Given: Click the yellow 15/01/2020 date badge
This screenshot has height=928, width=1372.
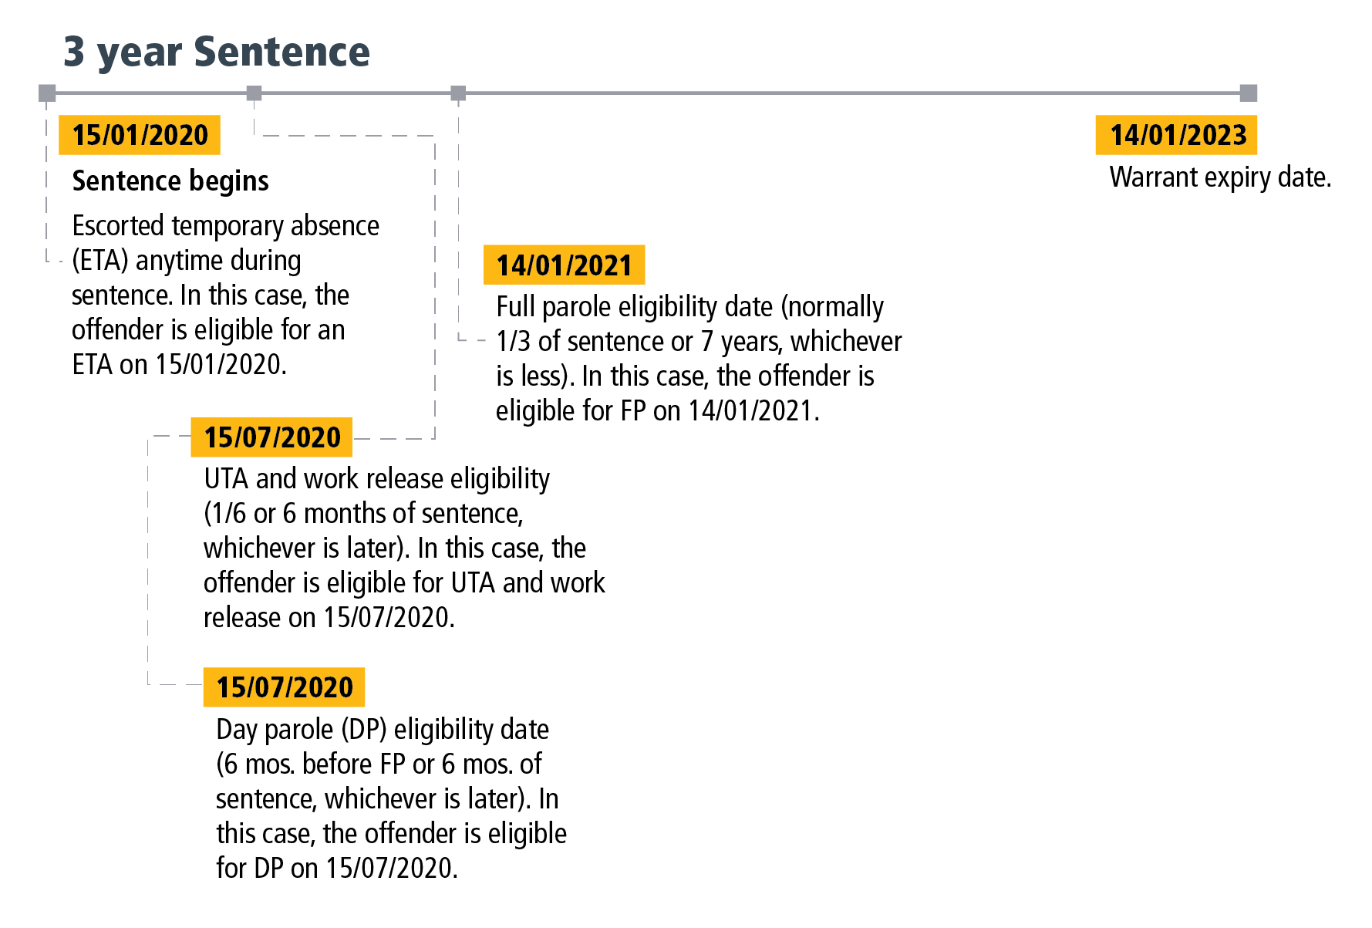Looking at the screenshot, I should (140, 135).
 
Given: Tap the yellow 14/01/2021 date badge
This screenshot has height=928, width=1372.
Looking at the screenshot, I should (564, 265).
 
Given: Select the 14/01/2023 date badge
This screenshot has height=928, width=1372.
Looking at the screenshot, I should (1177, 135).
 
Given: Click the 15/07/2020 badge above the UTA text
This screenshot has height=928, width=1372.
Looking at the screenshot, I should (271, 437).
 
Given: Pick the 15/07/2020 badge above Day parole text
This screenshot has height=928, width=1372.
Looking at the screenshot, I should (284, 687).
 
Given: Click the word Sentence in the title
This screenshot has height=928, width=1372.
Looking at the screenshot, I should (281, 52).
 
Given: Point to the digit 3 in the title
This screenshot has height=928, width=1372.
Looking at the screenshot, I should (74, 52).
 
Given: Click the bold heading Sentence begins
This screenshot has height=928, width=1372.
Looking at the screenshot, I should (170, 181).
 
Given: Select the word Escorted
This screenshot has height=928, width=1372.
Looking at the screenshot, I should (118, 225).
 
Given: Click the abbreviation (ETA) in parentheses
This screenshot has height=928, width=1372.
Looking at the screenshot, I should (99, 261).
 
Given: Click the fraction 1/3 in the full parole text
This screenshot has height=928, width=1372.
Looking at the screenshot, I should (513, 341).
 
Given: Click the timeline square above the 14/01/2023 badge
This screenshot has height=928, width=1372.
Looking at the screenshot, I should (1249, 93).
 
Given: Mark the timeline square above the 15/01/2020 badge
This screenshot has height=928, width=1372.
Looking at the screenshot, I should (48, 93).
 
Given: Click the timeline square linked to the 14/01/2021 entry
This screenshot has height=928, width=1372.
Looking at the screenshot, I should (458, 93).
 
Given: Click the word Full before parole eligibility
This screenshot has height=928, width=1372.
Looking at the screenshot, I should (515, 307).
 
